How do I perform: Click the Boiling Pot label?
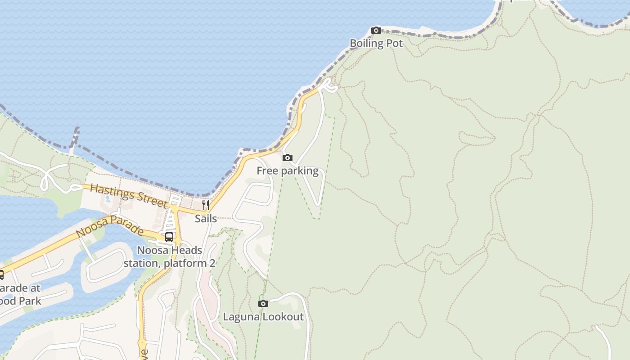376,43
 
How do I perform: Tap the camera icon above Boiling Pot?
376,31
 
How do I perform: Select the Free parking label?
288,171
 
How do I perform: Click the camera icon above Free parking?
288,157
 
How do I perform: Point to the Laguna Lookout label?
263,317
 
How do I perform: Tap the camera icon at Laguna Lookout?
263,304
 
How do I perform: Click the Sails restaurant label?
206,219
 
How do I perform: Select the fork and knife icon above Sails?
206,205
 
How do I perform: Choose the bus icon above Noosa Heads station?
169,237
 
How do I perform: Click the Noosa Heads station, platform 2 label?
170,256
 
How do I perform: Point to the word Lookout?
283,317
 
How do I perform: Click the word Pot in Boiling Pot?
395,43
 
